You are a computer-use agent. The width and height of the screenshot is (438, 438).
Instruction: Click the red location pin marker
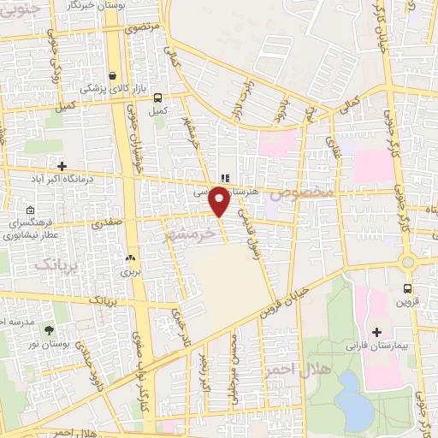(x=220, y=202)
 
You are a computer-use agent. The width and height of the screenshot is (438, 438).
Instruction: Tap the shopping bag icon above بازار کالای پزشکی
(x=113, y=75)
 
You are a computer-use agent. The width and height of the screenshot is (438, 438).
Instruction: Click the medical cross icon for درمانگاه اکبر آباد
(x=62, y=165)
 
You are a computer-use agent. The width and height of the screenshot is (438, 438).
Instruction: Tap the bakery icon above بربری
(x=130, y=257)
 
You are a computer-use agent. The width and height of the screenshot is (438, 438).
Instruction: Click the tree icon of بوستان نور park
(x=48, y=329)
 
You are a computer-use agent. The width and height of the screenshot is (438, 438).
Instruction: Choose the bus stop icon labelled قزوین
(x=407, y=288)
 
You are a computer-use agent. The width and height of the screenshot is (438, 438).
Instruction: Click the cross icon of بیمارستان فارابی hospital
(x=377, y=331)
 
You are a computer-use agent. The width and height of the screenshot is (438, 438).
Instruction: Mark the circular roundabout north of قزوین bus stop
(x=408, y=261)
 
